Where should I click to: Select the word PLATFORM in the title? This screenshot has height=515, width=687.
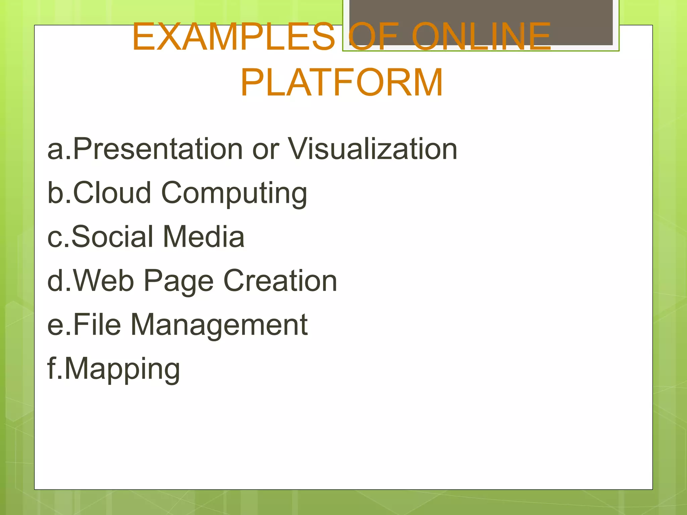(341, 82)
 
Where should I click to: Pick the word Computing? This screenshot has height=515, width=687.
(234, 194)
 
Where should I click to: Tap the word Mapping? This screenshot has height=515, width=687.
(122, 369)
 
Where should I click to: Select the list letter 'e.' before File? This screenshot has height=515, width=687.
(59, 325)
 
